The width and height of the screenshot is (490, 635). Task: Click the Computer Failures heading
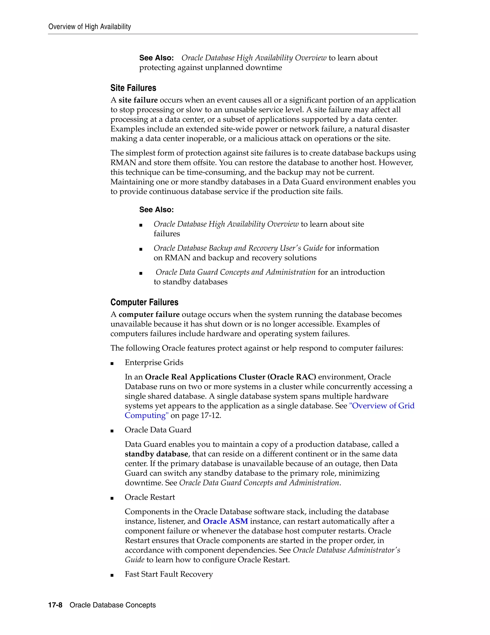(144, 302)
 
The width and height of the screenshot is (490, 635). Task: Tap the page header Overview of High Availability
(89, 27)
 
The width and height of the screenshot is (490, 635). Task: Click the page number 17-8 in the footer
(55, 605)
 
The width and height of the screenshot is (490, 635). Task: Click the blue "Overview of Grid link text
(381, 406)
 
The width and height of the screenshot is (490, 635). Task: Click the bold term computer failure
(149, 314)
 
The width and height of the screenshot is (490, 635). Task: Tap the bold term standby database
(156, 454)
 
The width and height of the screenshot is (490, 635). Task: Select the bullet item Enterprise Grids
(154, 362)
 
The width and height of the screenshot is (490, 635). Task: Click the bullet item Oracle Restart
(150, 497)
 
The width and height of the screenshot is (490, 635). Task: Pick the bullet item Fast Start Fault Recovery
(169, 574)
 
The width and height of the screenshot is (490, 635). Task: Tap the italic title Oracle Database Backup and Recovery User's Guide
(238, 248)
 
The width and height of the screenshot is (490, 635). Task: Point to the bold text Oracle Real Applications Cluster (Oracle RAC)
(230, 377)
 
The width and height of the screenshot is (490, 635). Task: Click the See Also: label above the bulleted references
(156, 210)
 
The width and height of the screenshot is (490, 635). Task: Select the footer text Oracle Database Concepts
(113, 605)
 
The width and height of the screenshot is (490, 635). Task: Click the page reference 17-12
(211, 415)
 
